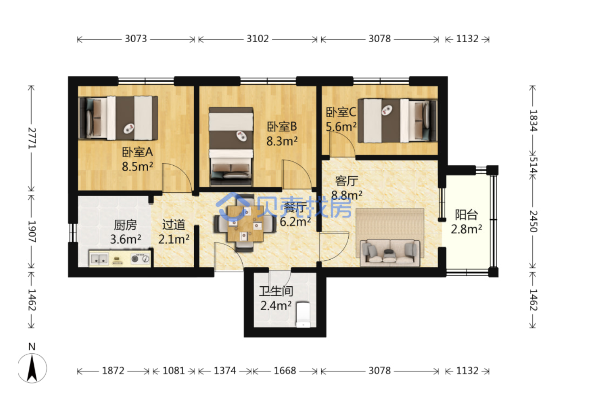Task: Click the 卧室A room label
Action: point(137,152)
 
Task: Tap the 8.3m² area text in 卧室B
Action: point(282,141)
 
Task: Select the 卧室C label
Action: point(341,112)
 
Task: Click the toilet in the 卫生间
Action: point(303,315)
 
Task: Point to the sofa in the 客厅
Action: point(390,253)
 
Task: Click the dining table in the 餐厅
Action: point(245,224)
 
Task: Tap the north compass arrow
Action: point(32,368)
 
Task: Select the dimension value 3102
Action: point(257,39)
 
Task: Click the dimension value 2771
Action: point(32,138)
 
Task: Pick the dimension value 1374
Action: point(225,371)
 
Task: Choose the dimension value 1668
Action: point(284,371)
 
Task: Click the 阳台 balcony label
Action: point(466,215)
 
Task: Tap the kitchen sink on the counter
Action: point(99,258)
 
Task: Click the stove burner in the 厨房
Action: point(135,258)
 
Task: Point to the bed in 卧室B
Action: point(231,146)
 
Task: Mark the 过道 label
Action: point(174,225)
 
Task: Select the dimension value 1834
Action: point(533,121)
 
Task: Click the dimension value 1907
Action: point(32,231)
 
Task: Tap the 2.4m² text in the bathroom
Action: point(276,306)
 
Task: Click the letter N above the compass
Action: point(32,347)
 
